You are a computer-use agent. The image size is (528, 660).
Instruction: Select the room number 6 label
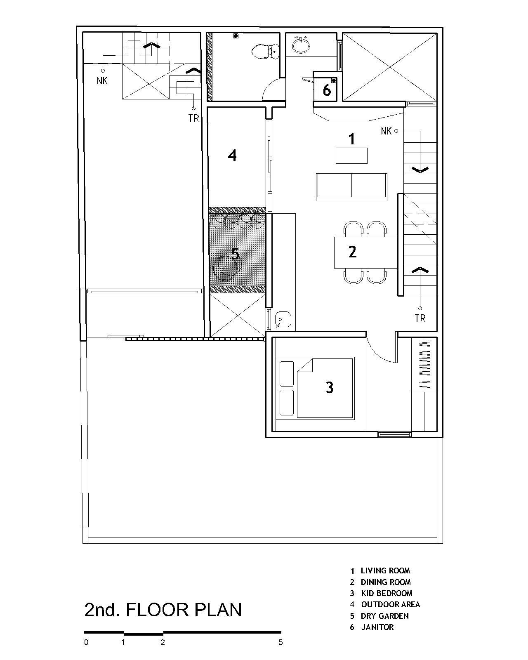coord(327,90)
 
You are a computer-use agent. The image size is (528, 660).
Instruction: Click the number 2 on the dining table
coord(352,252)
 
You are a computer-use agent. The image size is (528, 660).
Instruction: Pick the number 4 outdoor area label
coord(232,156)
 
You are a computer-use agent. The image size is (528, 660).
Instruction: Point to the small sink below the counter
coord(283,319)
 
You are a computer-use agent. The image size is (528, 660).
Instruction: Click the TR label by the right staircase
coord(420,318)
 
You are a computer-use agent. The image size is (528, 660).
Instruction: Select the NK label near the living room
coord(386,131)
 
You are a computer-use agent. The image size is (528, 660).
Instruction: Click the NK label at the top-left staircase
coord(102,81)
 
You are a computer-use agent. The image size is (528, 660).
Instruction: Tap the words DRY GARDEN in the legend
coord(384,616)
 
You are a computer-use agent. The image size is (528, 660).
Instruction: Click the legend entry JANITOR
coord(377,627)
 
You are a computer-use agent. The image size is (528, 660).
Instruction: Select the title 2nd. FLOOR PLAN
coord(163,610)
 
